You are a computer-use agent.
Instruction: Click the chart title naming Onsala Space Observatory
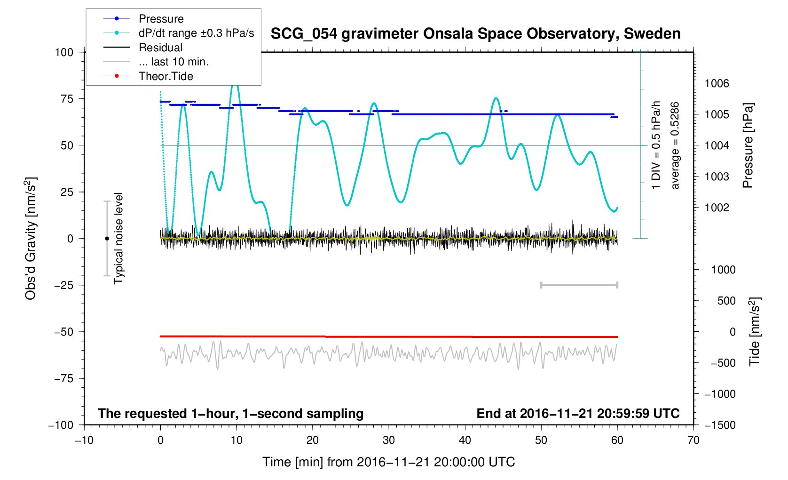(475, 34)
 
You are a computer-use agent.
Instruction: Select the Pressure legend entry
(161, 19)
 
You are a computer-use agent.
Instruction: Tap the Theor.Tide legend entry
(165, 76)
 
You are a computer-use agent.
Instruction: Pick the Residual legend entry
(160, 48)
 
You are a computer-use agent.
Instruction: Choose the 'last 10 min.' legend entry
(173, 62)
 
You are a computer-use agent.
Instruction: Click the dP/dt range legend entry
(196, 33)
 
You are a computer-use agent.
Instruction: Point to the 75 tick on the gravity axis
(67, 99)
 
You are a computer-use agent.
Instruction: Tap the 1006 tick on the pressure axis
(717, 84)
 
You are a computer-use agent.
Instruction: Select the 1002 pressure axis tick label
(717, 208)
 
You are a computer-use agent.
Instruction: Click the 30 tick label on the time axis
(389, 440)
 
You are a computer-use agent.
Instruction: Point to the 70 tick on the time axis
(693, 440)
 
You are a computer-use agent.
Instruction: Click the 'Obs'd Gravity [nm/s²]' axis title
(31, 238)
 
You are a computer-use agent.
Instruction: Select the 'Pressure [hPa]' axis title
(748, 145)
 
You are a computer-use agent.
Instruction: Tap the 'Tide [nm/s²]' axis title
(755, 332)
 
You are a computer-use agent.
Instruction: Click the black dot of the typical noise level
(107, 239)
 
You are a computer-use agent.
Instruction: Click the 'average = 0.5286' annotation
(675, 145)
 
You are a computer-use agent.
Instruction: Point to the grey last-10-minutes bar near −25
(579, 285)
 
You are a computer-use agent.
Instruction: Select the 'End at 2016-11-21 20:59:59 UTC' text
(578, 414)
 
